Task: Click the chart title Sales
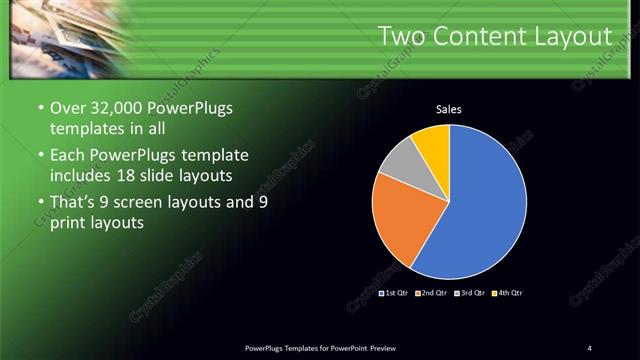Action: coord(449,109)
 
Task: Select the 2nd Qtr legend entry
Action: coord(431,293)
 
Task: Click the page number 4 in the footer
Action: coord(589,347)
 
